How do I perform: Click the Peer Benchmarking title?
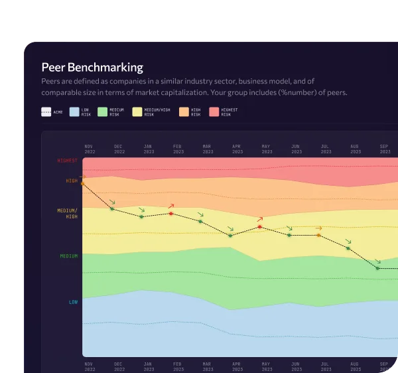click(92, 67)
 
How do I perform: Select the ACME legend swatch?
click(46, 112)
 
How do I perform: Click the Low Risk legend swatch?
click(74, 112)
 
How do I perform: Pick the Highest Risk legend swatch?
click(214, 112)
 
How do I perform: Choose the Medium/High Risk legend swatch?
click(137, 112)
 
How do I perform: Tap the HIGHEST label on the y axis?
click(68, 161)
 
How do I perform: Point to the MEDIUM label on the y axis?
click(69, 256)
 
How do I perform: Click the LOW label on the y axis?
click(73, 302)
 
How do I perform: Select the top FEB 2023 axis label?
click(178, 148)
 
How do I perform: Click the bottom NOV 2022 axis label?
click(90, 366)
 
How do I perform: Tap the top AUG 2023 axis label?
click(354, 148)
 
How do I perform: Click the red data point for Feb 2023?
click(171, 214)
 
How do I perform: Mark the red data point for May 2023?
click(259, 227)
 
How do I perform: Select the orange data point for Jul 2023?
click(318, 235)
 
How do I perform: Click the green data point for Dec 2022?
click(112, 209)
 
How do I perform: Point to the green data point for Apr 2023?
click(230, 235)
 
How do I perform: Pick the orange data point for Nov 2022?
click(83, 183)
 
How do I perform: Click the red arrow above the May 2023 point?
click(260, 218)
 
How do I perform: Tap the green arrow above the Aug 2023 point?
click(348, 242)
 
